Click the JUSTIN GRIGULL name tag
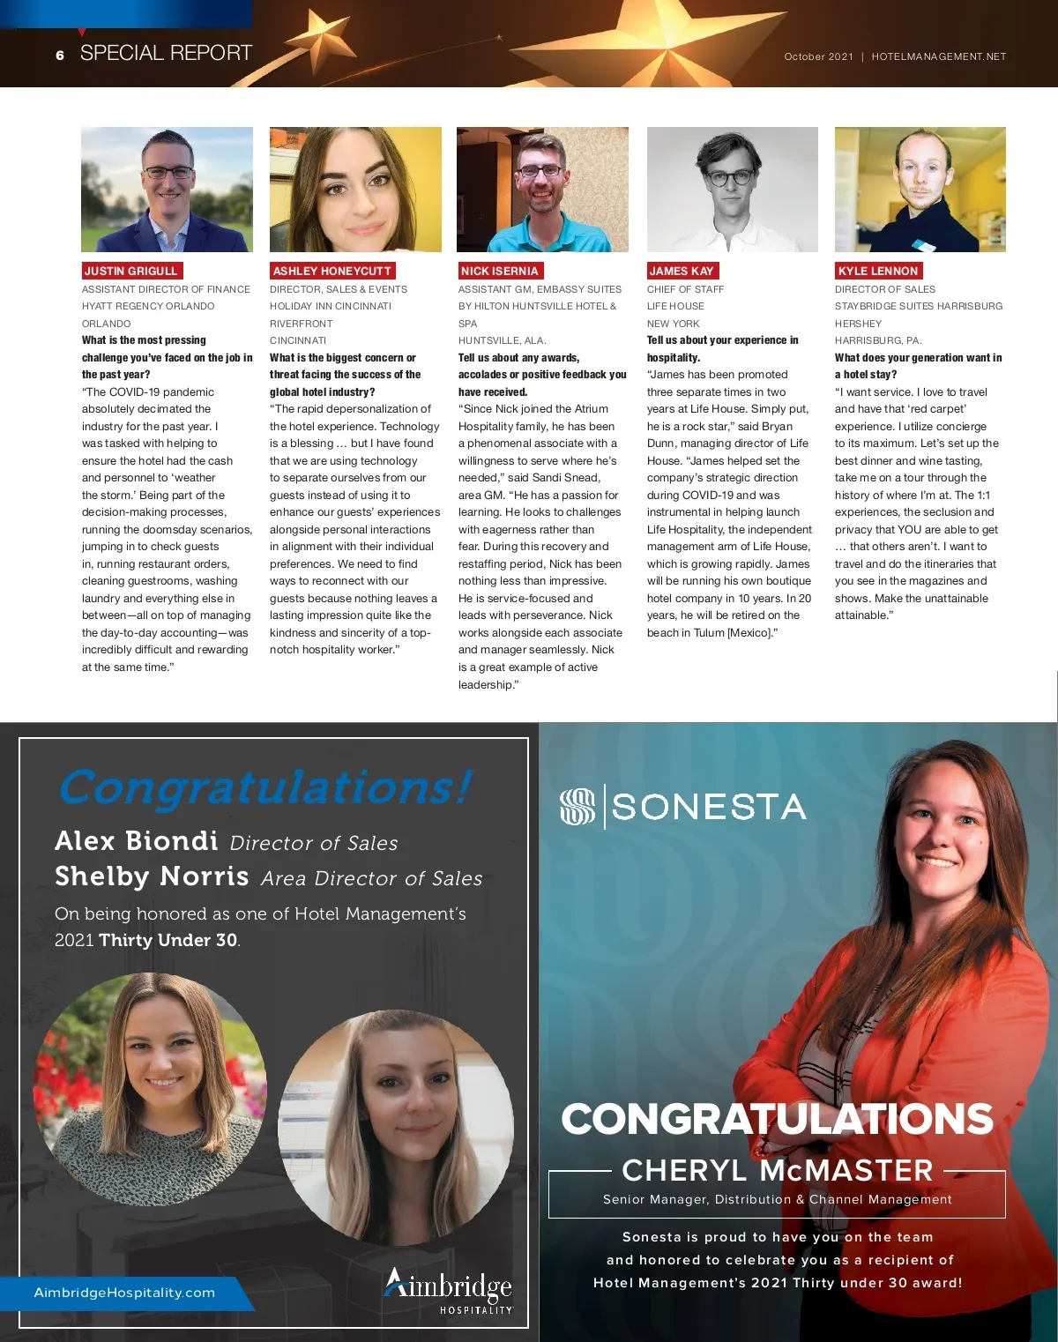(131, 271)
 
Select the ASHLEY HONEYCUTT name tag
(332, 271)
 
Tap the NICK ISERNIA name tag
(499, 271)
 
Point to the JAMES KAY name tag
(682, 271)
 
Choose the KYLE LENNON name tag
(878, 271)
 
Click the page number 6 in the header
(60, 55)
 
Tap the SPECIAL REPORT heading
(166, 53)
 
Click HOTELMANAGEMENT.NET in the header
(938, 56)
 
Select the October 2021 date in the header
(818, 56)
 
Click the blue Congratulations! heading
(265, 787)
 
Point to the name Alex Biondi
(137, 840)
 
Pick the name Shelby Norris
(152, 876)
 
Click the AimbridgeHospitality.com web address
(124, 1293)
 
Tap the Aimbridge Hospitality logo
(448, 1291)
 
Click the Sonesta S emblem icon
(577, 807)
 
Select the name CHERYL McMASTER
(777, 1170)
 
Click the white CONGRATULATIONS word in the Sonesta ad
(777, 1119)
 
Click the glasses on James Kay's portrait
(731, 177)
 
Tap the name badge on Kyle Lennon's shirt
(924, 245)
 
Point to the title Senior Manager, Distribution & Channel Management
(777, 1199)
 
